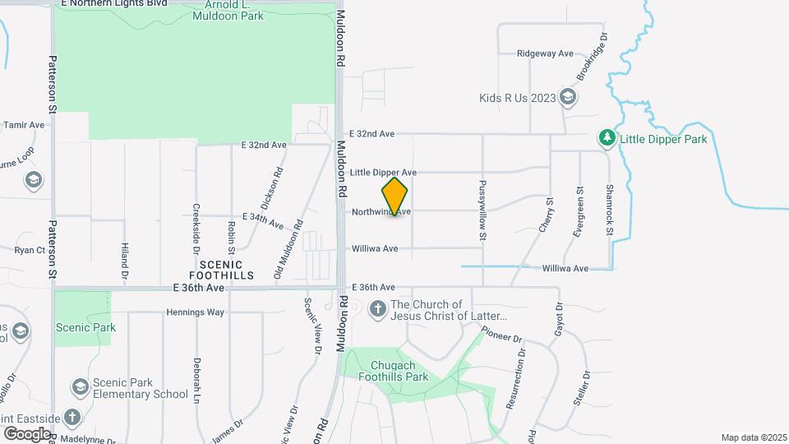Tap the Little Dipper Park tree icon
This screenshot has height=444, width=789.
[607, 138]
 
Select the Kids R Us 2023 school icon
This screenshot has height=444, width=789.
[567, 98]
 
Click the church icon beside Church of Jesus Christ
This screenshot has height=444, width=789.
[377, 309]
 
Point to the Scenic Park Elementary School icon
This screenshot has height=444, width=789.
[80, 386]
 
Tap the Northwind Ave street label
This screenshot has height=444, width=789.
[381, 211]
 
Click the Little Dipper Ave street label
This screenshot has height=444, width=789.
[383, 173]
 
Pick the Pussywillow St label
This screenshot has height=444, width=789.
[483, 210]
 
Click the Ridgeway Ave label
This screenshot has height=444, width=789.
[545, 53]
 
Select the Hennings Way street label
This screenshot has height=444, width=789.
[195, 312]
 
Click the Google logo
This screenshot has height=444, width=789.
[27, 432]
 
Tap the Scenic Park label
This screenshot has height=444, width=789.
[85, 327]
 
